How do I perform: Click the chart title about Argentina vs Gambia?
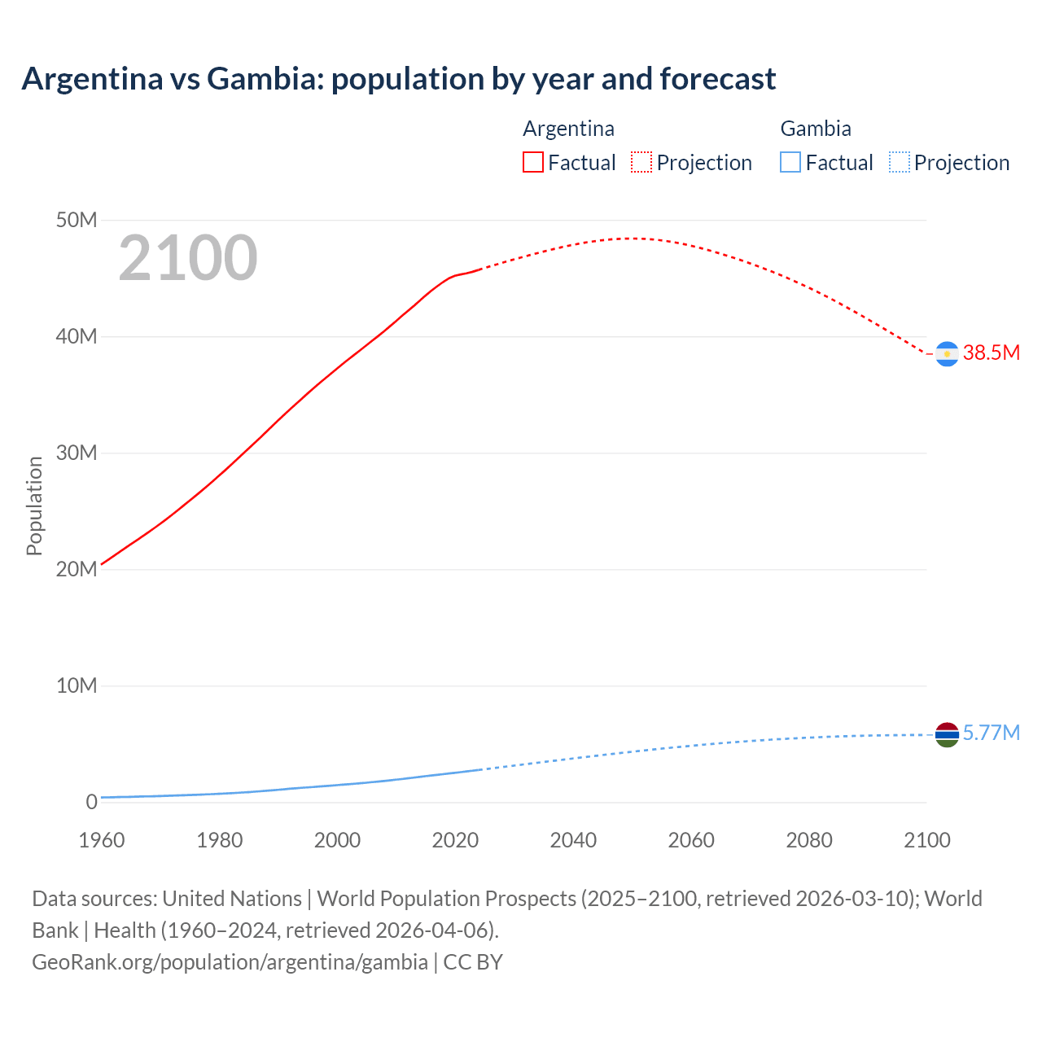click(399, 79)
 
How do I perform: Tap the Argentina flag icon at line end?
click(947, 354)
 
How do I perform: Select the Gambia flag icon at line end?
click(947, 734)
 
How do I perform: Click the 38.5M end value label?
click(991, 352)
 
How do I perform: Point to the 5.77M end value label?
click(991, 733)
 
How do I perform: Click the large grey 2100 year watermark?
click(188, 258)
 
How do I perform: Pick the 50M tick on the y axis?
click(77, 221)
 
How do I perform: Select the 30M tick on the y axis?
click(77, 453)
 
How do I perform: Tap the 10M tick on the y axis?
click(77, 686)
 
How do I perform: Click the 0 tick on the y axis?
click(91, 802)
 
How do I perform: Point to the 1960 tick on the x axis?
click(102, 840)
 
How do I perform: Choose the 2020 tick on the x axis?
click(455, 840)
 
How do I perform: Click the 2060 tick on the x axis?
click(691, 840)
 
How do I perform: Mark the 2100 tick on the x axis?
click(926, 840)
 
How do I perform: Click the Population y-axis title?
click(34, 506)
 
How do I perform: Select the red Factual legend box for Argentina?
click(533, 163)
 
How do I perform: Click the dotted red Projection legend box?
click(641, 163)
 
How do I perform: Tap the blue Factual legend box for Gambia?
click(790, 163)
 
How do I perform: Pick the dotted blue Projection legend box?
click(900, 163)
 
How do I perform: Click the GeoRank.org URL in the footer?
click(230, 962)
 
